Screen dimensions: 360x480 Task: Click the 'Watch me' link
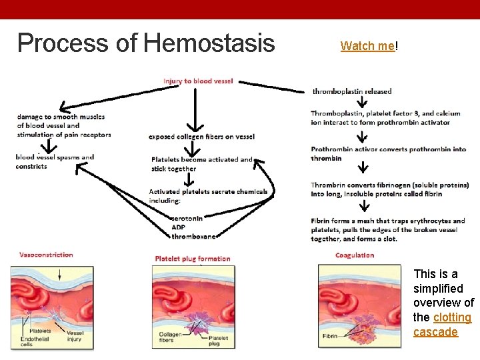(367, 46)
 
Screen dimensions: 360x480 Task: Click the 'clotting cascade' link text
(442, 325)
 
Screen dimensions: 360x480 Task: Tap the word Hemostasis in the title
(209, 43)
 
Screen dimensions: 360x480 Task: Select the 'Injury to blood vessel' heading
(198, 81)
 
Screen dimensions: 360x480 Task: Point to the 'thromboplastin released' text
(352, 91)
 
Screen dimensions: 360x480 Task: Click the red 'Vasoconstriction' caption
(46, 255)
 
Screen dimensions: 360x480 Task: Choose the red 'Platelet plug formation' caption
(192, 259)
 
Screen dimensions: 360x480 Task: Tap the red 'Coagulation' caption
(355, 255)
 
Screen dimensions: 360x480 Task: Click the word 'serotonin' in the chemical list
(187, 218)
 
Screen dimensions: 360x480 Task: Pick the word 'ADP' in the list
(179, 227)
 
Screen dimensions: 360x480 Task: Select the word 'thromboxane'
(193, 236)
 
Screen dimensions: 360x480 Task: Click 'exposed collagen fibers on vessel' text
(201, 137)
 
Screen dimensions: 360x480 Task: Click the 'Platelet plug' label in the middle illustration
(218, 341)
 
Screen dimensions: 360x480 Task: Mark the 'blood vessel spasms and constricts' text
(55, 161)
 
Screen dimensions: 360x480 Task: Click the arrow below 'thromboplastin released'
(361, 102)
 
